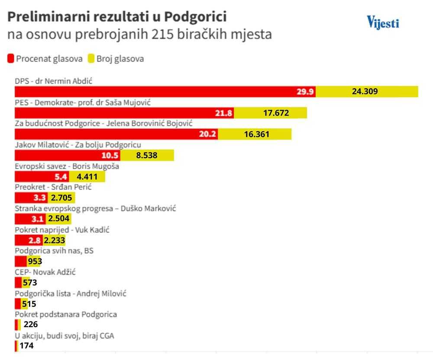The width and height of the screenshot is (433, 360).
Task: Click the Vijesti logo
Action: pyautogui.click(x=383, y=23)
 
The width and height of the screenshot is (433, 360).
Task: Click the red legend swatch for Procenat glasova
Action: pyautogui.click(x=11, y=58)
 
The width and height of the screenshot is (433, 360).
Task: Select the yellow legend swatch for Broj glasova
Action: pyautogui.click(x=91, y=58)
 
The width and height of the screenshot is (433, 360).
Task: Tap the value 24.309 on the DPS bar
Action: pyautogui.click(x=365, y=92)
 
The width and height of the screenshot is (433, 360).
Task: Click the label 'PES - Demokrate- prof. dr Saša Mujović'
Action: pyautogui.click(x=83, y=103)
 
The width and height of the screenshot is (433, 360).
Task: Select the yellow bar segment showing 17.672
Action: pyautogui.click(x=271, y=113)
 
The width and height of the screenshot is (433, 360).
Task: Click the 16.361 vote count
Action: pyautogui.click(x=256, y=134)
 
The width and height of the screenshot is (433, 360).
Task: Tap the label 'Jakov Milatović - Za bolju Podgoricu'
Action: pyautogui.click(x=78, y=145)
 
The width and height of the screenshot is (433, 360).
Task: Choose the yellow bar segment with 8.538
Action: pyautogui.click(x=147, y=156)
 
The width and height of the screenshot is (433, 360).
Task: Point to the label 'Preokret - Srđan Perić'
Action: pyautogui.click(x=53, y=188)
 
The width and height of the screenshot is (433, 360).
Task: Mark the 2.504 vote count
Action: pyautogui.click(x=59, y=219)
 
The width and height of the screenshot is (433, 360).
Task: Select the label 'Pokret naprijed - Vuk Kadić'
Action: pyautogui.click(x=62, y=230)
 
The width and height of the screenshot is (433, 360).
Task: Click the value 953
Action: pyautogui.click(x=35, y=261)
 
